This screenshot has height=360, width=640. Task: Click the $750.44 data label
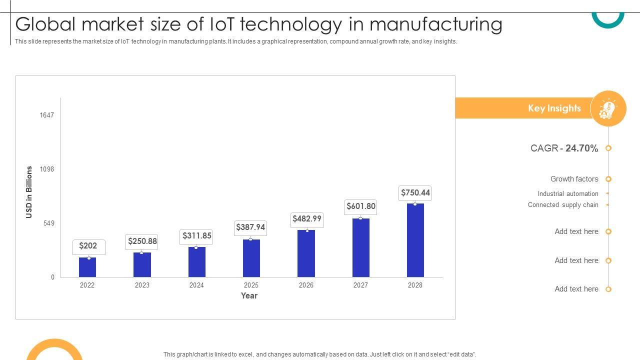pyautogui.click(x=415, y=193)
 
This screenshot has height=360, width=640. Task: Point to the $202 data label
pyautogui.click(x=88, y=246)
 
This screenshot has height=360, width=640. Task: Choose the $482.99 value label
pyautogui.click(x=306, y=219)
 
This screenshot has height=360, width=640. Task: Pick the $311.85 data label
pyautogui.click(x=196, y=236)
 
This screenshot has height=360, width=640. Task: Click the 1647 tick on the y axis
pyautogui.click(x=47, y=115)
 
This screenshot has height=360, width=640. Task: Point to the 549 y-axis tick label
pyautogui.click(x=48, y=223)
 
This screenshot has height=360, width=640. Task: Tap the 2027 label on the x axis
pyautogui.click(x=360, y=285)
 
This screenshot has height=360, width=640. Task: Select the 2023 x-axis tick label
pyautogui.click(x=142, y=285)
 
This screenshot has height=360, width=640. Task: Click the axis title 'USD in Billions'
pyautogui.click(x=29, y=192)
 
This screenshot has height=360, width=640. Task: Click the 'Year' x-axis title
pyautogui.click(x=249, y=296)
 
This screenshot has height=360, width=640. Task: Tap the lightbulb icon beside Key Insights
pyautogui.click(x=608, y=108)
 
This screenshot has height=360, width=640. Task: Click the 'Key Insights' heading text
pyautogui.click(x=554, y=108)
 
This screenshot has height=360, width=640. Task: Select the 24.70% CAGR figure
pyautogui.click(x=581, y=148)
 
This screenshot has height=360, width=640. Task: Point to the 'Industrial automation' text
pyautogui.click(x=567, y=194)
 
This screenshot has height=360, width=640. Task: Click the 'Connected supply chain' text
pyautogui.click(x=562, y=205)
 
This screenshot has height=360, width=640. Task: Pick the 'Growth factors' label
pyautogui.click(x=574, y=179)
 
